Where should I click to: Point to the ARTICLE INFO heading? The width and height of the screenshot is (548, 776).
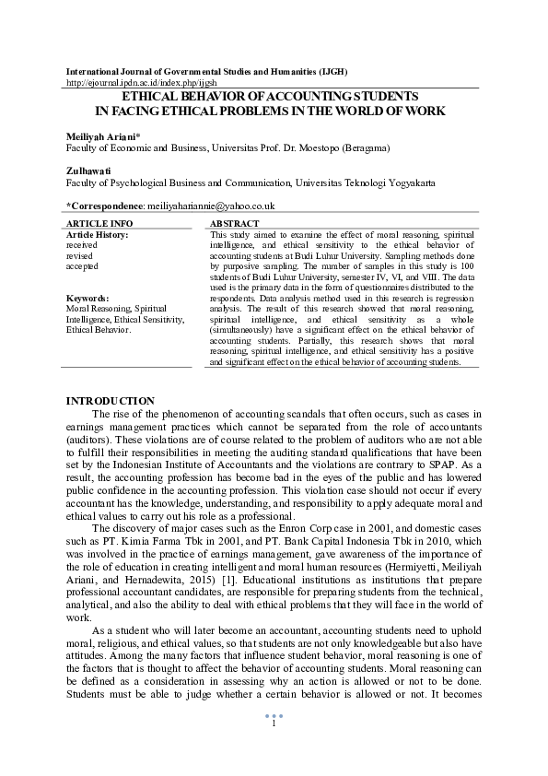click(99, 224)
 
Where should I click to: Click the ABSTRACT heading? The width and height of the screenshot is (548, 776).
click(234, 224)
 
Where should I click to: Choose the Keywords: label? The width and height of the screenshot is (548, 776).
click(88, 298)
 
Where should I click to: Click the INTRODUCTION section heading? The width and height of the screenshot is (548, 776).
click(111, 400)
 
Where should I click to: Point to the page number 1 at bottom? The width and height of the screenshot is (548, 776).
click(274, 723)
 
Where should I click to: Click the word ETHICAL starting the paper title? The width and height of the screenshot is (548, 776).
click(154, 96)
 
